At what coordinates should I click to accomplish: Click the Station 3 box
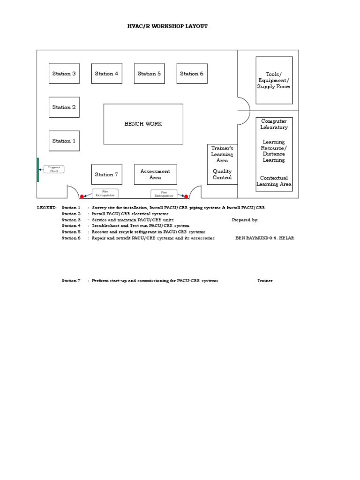click(x=64, y=74)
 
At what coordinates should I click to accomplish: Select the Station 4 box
click(x=106, y=74)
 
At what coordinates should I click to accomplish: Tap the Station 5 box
click(x=149, y=74)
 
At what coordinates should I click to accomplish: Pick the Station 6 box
click(x=192, y=74)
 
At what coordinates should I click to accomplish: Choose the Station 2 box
click(x=64, y=107)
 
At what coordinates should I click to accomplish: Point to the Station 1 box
click(x=64, y=141)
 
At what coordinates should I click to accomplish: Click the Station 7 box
click(x=106, y=175)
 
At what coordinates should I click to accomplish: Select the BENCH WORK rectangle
click(x=143, y=124)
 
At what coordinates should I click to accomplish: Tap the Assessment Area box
click(x=155, y=174)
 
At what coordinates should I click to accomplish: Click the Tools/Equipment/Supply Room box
click(x=274, y=80)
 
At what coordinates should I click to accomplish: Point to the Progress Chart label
click(x=53, y=169)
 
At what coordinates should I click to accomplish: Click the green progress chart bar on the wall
click(x=38, y=170)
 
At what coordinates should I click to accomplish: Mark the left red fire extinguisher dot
click(x=82, y=196)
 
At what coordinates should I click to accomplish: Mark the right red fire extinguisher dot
click(x=186, y=196)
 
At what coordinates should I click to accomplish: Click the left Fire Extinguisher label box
click(x=105, y=194)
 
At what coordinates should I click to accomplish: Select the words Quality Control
click(x=222, y=174)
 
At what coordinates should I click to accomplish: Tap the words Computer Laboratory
click(x=274, y=124)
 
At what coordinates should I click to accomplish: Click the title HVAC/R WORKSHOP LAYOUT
click(x=167, y=26)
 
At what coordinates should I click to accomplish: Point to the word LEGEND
click(x=46, y=207)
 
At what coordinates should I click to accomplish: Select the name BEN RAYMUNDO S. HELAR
click(x=265, y=238)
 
